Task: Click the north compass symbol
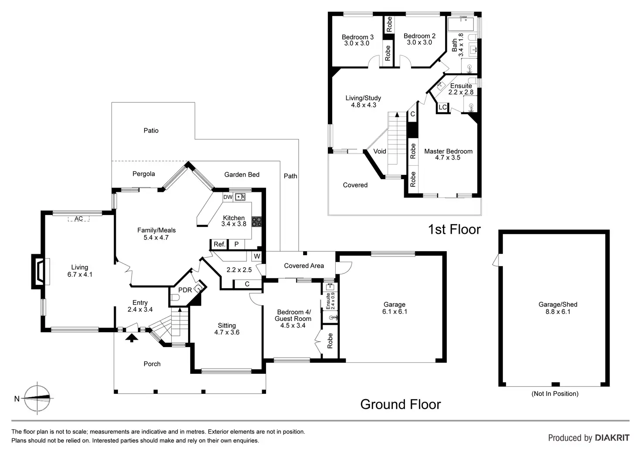pos(37,398)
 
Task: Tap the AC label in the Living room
pos(79,218)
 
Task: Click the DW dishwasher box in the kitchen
pos(228,197)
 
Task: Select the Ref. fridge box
pos(219,244)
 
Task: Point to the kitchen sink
pos(240,197)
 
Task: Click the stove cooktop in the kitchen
pos(256,222)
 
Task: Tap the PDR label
pos(185,290)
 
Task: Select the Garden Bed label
pos(242,174)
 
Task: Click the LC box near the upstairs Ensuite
pos(442,107)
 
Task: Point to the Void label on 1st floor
pos(380,151)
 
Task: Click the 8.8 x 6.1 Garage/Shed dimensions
pos(558,312)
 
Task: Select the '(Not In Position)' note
pos(555,393)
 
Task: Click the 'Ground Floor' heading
pos(401,404)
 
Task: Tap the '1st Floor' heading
pos(454,229)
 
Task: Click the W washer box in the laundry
pos(257,256)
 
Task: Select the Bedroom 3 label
pos(358,37)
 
